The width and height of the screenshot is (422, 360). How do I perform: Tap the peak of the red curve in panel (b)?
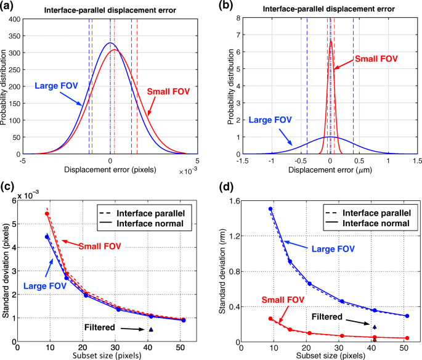click(x=331, y=41)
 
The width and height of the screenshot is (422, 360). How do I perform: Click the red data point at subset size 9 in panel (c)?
click(x=47, y=214)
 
